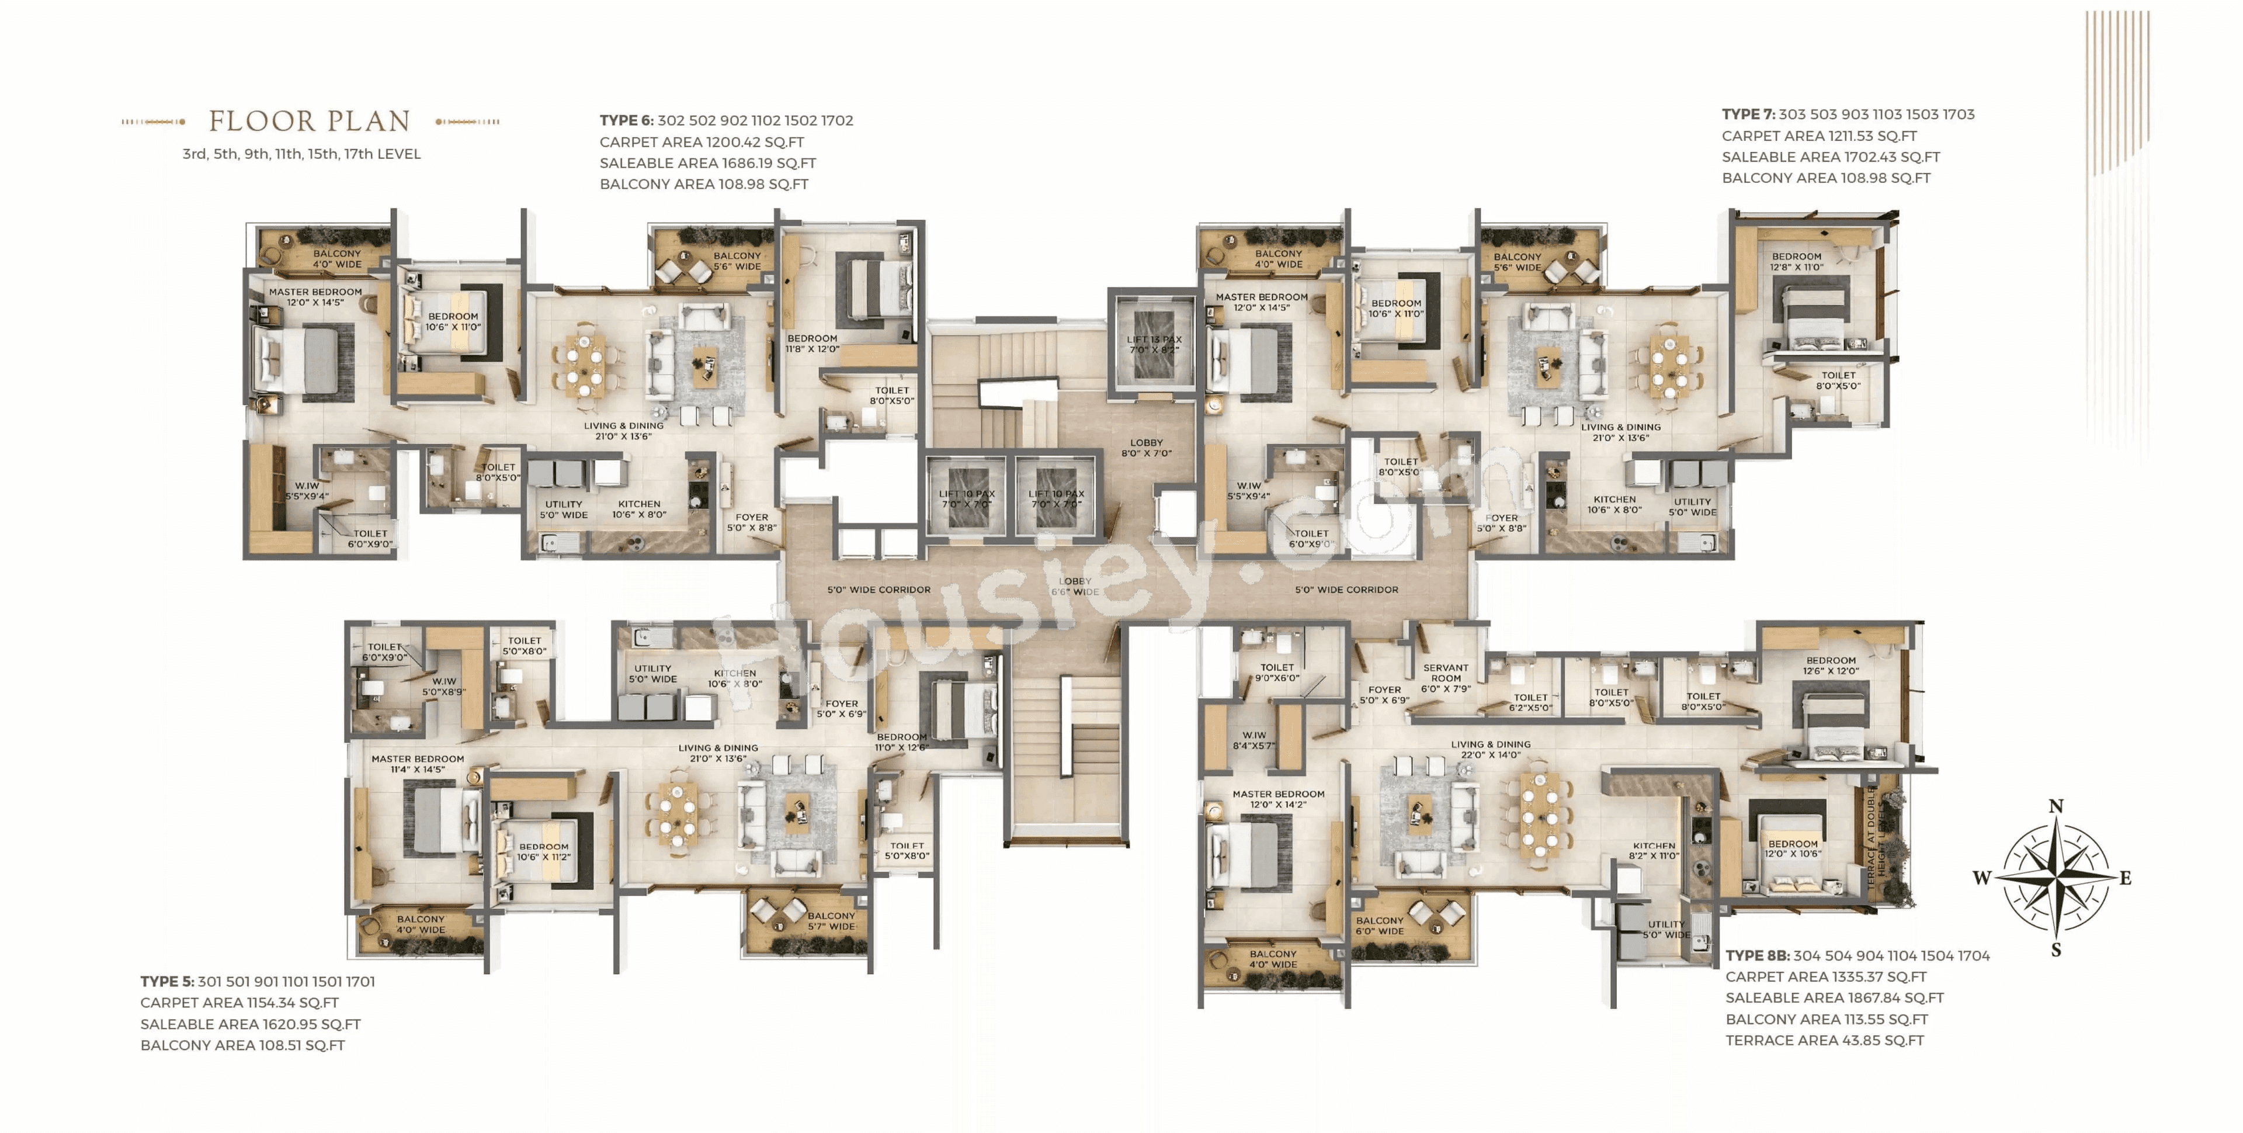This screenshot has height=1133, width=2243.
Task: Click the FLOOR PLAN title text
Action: (309, 121)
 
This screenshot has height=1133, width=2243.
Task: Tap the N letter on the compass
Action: (2056, 806)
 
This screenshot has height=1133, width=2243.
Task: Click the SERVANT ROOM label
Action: (1446, 678)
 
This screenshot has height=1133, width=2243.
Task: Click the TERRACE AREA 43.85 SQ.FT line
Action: (1824, 1041)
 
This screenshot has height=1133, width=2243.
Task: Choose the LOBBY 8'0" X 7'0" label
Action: (1146, 448)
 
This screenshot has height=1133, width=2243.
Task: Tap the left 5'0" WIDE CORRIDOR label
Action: (878, 590)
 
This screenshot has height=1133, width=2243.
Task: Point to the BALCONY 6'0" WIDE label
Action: (1379, 926)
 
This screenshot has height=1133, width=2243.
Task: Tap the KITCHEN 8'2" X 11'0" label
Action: (1654, 851)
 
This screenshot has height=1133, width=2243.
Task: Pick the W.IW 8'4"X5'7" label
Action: (1254, 740)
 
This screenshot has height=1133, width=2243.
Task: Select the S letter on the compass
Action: (2056, 950)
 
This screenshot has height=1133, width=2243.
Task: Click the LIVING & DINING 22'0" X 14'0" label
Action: (1491, 750)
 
